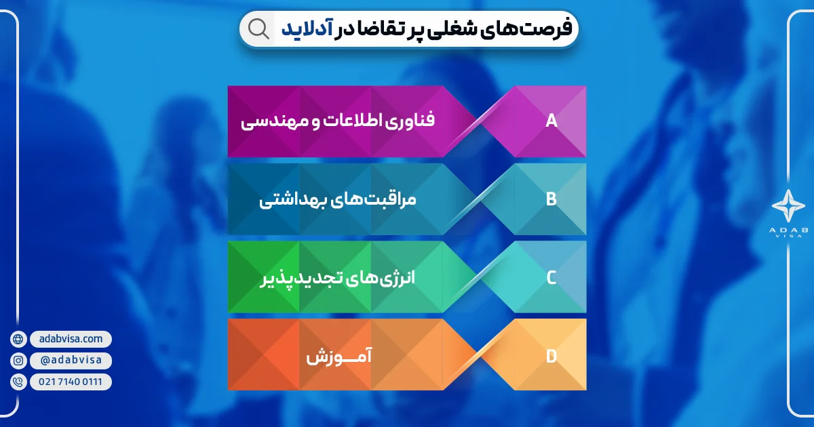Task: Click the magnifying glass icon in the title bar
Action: tap(258, 28)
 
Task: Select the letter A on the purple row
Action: tap(551, 121)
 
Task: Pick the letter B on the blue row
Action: tap(551, 199)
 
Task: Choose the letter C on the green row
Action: tap(551, 277)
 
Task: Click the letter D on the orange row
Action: tap(551, 355)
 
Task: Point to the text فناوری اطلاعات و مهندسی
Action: tap(338, 122)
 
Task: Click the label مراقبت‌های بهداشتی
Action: tap(338, 200)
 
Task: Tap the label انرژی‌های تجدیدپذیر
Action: tap(338, 278)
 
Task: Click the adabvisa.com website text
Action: tap(70, 339)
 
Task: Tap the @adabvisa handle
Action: tap(70, 361)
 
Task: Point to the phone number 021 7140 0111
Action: tap(70, 382)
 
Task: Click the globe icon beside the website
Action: tap(18, 339)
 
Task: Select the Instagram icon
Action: tap(18, 361)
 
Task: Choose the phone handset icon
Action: tap(18, 382)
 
